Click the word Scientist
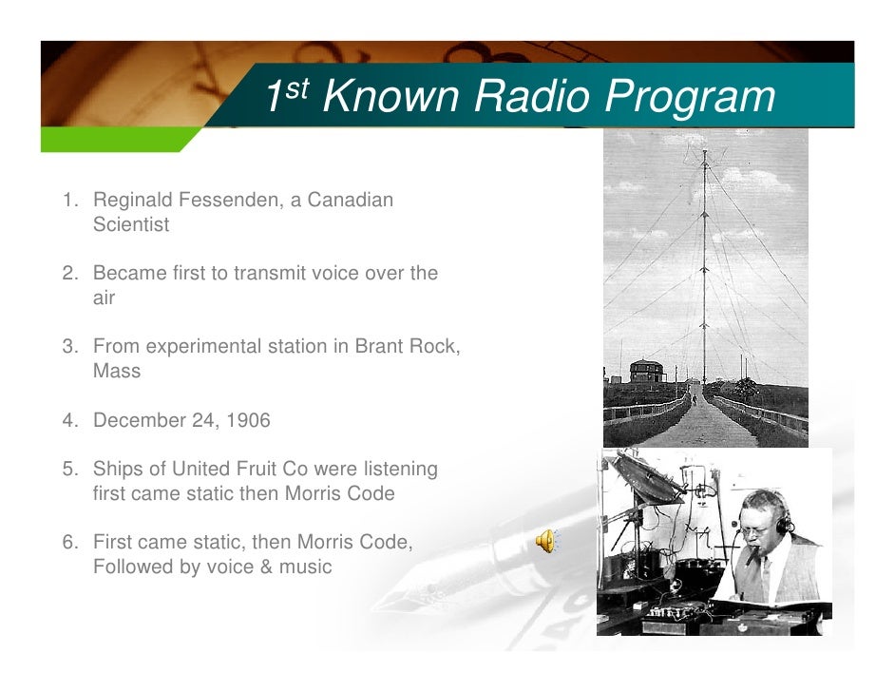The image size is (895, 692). coord(131,225)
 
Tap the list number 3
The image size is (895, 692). coord(69,346)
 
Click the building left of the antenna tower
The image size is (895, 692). coord(646,371)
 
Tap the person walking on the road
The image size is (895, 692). coord(694,400)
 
